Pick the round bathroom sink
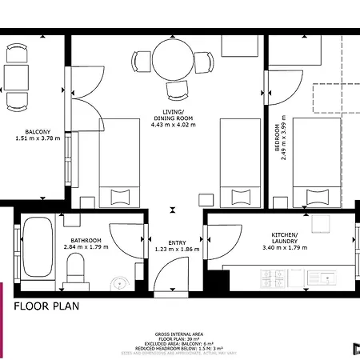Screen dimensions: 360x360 (118, 282)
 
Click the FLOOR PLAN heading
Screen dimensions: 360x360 (46, 306)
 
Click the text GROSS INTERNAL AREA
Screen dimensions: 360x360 (179, 335)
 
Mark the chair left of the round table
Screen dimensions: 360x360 (142, 61)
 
